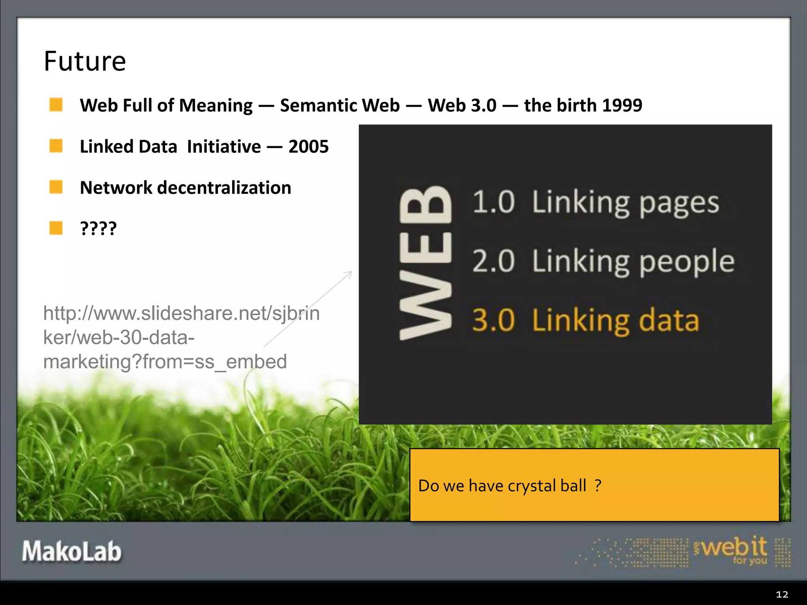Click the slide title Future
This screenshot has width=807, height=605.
[85, 61]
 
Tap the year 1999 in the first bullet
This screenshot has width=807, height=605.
[622, 106]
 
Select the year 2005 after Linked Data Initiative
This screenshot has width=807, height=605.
[309, 147]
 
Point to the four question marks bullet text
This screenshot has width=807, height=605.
[98, 228]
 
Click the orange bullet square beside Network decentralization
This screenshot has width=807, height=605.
[56, 187]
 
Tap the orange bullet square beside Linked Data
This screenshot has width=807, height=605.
[56, 146]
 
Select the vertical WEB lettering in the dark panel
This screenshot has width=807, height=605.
[426, 263]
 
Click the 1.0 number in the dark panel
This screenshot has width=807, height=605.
[493, 202]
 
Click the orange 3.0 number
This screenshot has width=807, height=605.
[493, 320]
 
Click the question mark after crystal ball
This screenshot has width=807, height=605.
[598, 485]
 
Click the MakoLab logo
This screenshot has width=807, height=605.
[72, 551]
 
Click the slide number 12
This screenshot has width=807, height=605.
[782, 594]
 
